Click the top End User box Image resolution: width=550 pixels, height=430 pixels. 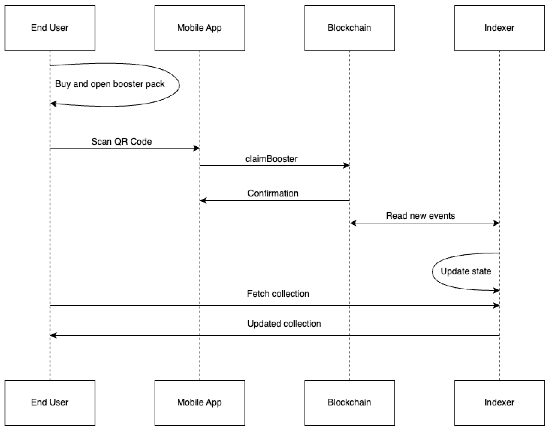pyautogui.click(x=50, y=28)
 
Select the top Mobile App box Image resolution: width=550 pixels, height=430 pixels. pyautogui.click(x=200, y=28)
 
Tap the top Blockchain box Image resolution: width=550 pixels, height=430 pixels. pyautogui.click(x=350, y=28)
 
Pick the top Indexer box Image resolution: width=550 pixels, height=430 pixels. pyautogui.click(x=500, y=28)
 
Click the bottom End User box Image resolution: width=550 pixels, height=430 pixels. pyautogui.click(x=50, y=403)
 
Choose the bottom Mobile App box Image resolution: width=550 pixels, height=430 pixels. pyautogui.click(x=200, y=403)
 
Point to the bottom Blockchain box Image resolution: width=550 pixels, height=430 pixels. pyautogui.click(x=350, y=403)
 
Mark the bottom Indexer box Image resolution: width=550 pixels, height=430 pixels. pyautogui.click(x=500, y=403)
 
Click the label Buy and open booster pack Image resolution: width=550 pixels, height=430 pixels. pyautogui.click(x=110, y=84)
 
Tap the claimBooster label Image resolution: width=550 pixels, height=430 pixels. pyautogui.click(x=271, y=159)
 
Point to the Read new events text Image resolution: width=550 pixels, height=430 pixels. pyautogui.click(x=420, y=216)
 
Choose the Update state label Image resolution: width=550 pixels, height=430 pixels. pyautogui.click(x=466, y=271)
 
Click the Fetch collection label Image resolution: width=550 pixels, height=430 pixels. pyautogui.click(x=278, y=294)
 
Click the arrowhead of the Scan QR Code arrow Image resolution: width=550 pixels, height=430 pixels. pyautogui.click(x=197, y=148)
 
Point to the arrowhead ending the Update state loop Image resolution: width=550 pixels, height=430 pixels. pyautogui.click(x=496, y=290)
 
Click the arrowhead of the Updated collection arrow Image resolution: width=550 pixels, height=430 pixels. pyautogui.click(x=53, y=335)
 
